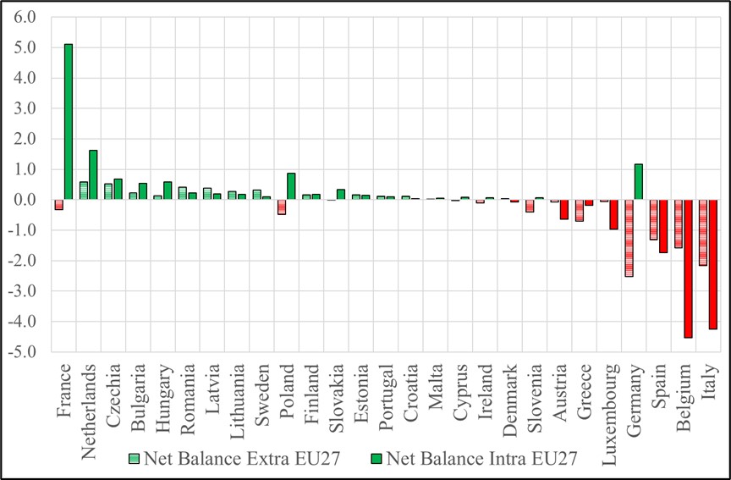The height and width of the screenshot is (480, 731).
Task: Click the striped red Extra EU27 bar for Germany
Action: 629,238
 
